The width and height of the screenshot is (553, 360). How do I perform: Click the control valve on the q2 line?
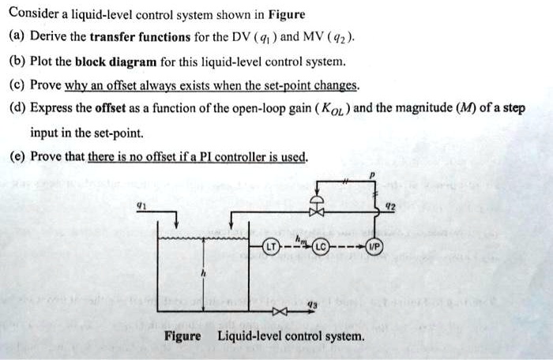coord(317,210)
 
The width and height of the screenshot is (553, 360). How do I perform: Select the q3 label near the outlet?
coord(313,301)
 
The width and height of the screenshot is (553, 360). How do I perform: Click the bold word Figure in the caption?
coord(182,336)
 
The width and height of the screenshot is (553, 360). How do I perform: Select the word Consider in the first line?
coord(36,14)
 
